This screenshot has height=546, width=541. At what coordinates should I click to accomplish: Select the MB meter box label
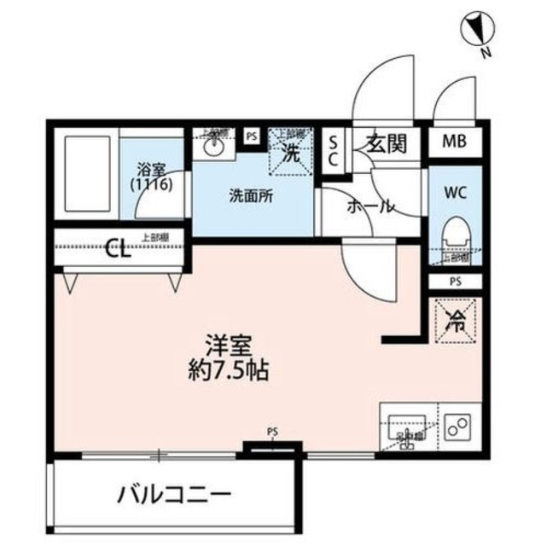click(454, 142)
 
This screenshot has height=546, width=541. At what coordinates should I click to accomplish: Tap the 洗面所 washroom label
click(252, 195)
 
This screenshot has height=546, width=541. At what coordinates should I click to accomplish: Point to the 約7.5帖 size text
click(226, 371)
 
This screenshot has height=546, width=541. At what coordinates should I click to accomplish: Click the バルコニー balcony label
click(174, 494)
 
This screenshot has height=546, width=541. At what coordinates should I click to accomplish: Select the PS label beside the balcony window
click(272, 432)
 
